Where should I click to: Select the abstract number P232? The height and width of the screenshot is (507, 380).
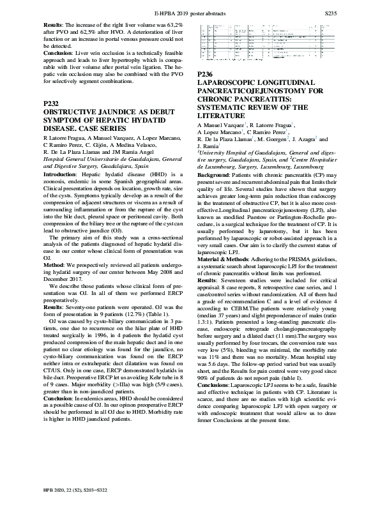click(x=52, y=103)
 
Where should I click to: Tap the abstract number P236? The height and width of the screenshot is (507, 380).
click(x=207, y=75)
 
